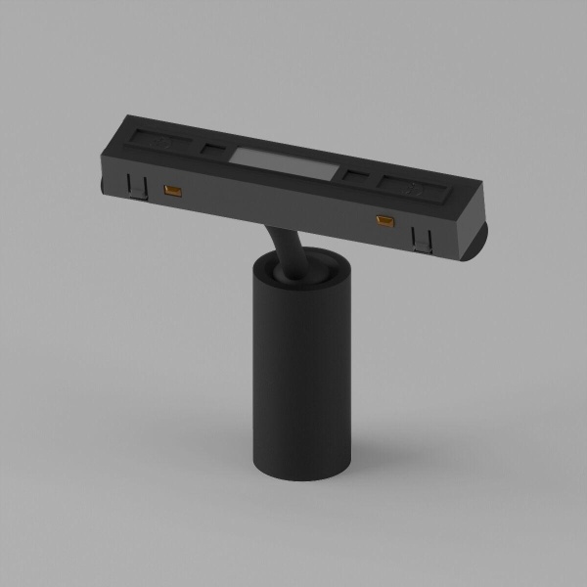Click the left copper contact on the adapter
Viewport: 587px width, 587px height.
175,188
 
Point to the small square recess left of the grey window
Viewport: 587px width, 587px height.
213,149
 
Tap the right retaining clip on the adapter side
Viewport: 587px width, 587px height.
423,236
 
